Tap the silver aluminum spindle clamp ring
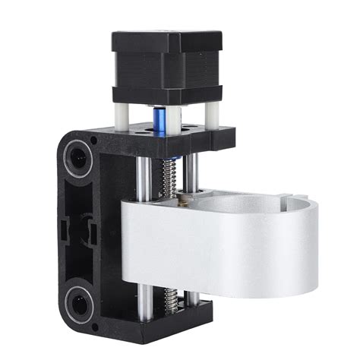[x=220, y=251]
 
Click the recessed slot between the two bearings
[x=76, y=228]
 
